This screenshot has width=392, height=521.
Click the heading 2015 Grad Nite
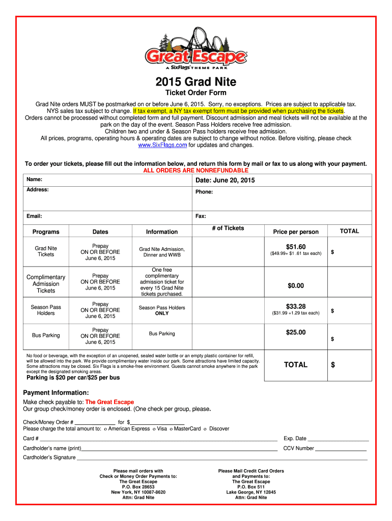[x=196, y=82]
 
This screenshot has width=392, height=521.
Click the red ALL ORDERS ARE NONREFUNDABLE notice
[x=196, y=170]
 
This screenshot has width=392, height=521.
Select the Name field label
[x=34, y=180]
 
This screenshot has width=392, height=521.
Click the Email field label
[x=34, y=216]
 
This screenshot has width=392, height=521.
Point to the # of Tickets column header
[x=228, y=228]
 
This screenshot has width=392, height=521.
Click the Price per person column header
[x=296, y=232]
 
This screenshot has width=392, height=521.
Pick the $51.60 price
[x=296, y=247]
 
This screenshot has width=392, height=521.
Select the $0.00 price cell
[x=296, y=286]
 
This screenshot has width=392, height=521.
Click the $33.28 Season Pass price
[x=296, y=306]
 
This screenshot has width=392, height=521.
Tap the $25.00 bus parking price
[x=296, y=332]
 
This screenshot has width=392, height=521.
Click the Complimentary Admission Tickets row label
[x=46, y=284]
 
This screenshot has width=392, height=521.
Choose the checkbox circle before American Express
[x=105, y=429]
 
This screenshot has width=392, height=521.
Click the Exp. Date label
[x=295, y=438]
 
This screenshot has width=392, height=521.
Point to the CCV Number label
[x=298, y=448]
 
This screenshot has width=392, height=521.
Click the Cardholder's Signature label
[x=49, y=457]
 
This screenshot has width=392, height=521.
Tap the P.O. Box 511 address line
[x=251, y=487]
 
